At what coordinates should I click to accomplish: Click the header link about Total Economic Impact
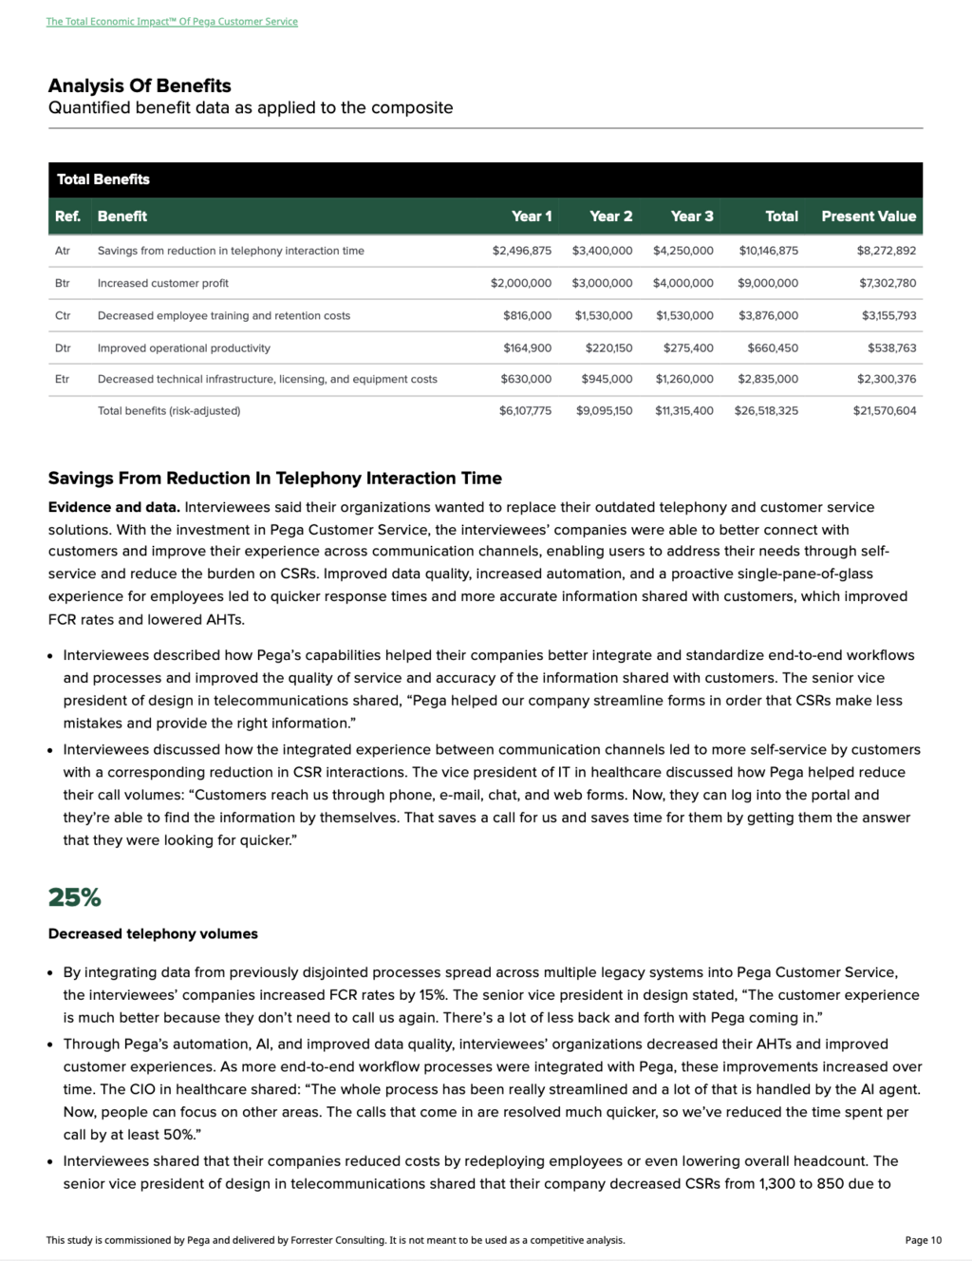[172, 21]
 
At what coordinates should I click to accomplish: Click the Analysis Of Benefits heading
[140, 85]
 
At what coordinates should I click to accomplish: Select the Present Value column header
[869, 216]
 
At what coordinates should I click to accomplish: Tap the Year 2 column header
[610, 216]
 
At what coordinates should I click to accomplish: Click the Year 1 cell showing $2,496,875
[521, 251]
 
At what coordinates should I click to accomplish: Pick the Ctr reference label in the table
[63, 315]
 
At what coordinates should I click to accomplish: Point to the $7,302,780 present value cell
[888, 283]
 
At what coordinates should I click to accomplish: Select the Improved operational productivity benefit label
[183, 348]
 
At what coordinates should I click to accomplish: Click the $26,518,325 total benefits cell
[765, 411]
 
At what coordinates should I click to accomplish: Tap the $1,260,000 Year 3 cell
[683, 379]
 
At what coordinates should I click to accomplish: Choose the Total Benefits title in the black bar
[103, 179]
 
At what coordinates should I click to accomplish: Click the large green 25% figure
[74, 897]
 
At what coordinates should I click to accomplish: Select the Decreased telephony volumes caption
[153, 933]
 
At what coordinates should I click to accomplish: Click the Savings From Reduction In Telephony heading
[275, 478]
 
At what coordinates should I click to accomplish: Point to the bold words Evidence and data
[114, 507]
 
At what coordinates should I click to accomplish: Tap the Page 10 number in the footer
[923, 1240]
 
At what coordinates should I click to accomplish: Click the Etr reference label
[63, 379]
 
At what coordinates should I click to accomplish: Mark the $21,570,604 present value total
[884, 411]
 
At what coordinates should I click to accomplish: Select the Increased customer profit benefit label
[162, 283]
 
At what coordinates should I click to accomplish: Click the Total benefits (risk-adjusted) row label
[169, 411]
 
